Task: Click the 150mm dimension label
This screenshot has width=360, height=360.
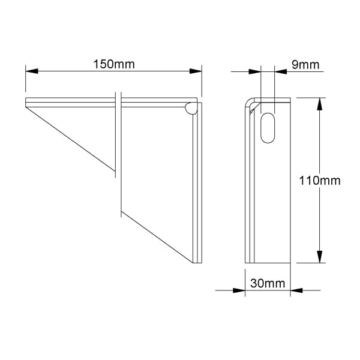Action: coord(114,64)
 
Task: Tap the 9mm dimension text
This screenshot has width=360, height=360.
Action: coord(305,65)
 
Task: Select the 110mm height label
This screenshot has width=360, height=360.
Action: coord(320,181)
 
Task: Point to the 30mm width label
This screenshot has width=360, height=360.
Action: coord(268,283)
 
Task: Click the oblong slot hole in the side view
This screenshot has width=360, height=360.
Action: coord(268,128)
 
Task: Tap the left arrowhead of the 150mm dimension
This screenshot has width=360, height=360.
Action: coord(32,71)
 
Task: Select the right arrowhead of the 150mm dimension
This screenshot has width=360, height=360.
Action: coord(196,71)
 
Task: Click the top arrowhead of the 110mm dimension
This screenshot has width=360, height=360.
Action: coord(319,104)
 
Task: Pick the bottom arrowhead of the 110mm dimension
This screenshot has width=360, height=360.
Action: coord(319,257)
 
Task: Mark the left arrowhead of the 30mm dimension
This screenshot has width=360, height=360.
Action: coord(239,290)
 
